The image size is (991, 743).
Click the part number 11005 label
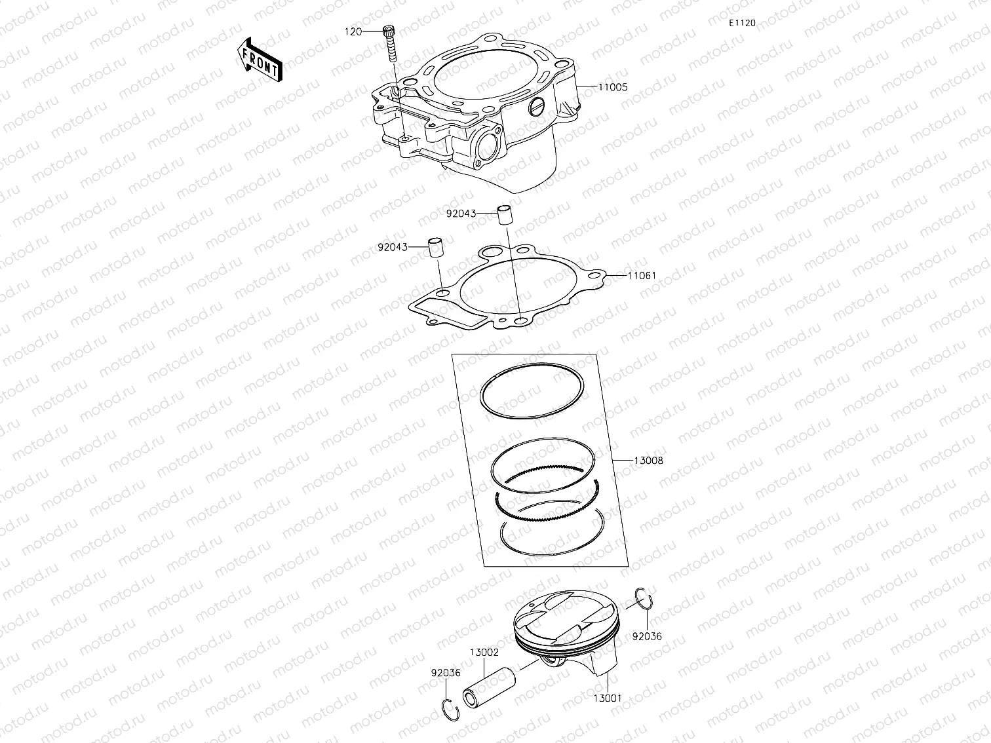click(x=612, y=87)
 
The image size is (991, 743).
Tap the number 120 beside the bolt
click(x=353, y=31)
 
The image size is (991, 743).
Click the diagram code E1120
click(x=742, y=23)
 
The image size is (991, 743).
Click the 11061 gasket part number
click(x=641, y=276)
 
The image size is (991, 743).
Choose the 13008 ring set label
click(x=648, y=461)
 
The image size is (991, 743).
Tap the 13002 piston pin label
click(x=484, y=653)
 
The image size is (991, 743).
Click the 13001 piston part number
click(x=608, y=698)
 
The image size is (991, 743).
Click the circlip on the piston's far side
click(x=645, y=600)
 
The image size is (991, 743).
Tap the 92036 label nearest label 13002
click(x=446, y=673)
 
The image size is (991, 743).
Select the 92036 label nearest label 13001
click(x=647, y=636)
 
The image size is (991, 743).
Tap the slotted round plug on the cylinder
click(x=537, y=106)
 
